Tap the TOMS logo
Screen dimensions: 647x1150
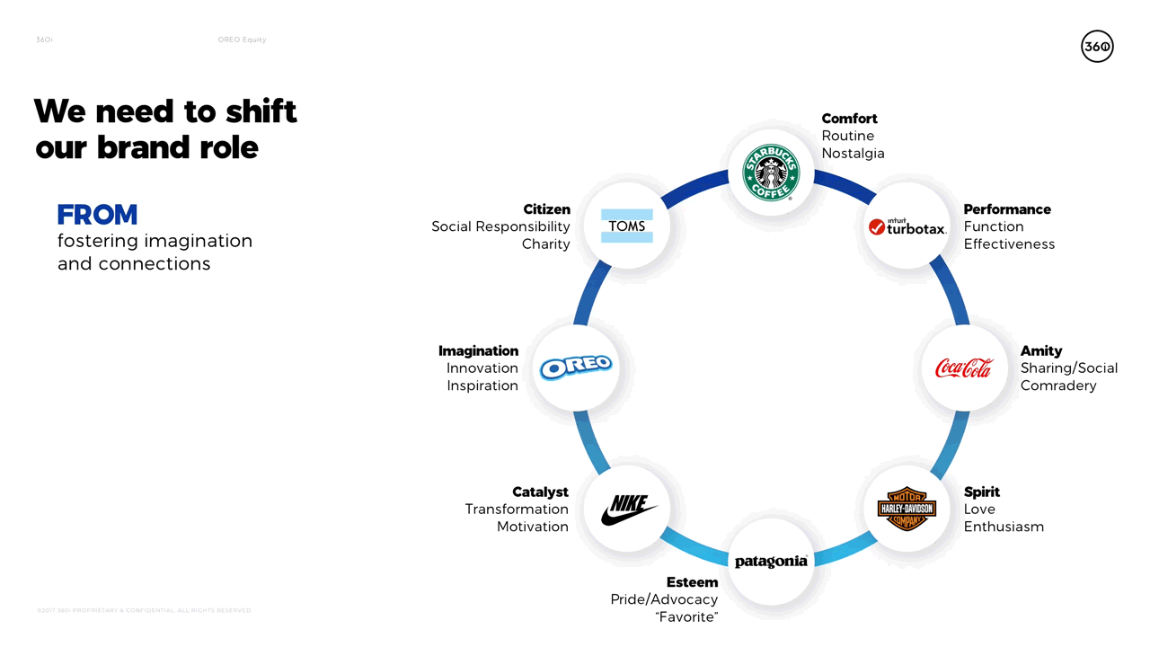click(627, 226)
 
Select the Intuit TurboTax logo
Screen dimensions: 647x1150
click(907, 226)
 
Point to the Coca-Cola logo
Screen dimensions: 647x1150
click(964, 368)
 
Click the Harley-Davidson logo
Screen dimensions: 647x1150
click(907, 509)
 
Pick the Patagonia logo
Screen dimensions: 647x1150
click(771, 562)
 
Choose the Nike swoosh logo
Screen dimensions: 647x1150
click(628, 509)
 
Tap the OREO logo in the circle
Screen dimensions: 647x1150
click(576, 367)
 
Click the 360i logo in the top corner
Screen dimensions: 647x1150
click(1097, 47)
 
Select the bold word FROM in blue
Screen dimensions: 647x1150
click(97, 216)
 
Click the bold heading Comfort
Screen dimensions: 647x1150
click(849, 119)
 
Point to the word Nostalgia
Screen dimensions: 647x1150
click(853, 154)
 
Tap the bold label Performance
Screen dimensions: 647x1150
click(1007, 209)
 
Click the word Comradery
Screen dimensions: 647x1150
click(1058, 386)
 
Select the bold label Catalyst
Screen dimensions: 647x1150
click(540, 492)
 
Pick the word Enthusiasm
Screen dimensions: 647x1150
click(1004, 527)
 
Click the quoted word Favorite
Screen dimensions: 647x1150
click(686, 617)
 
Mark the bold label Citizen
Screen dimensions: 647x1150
click(546, 209)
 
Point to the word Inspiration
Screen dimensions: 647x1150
click(482, 386)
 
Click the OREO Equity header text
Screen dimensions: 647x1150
click(242, 40)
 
